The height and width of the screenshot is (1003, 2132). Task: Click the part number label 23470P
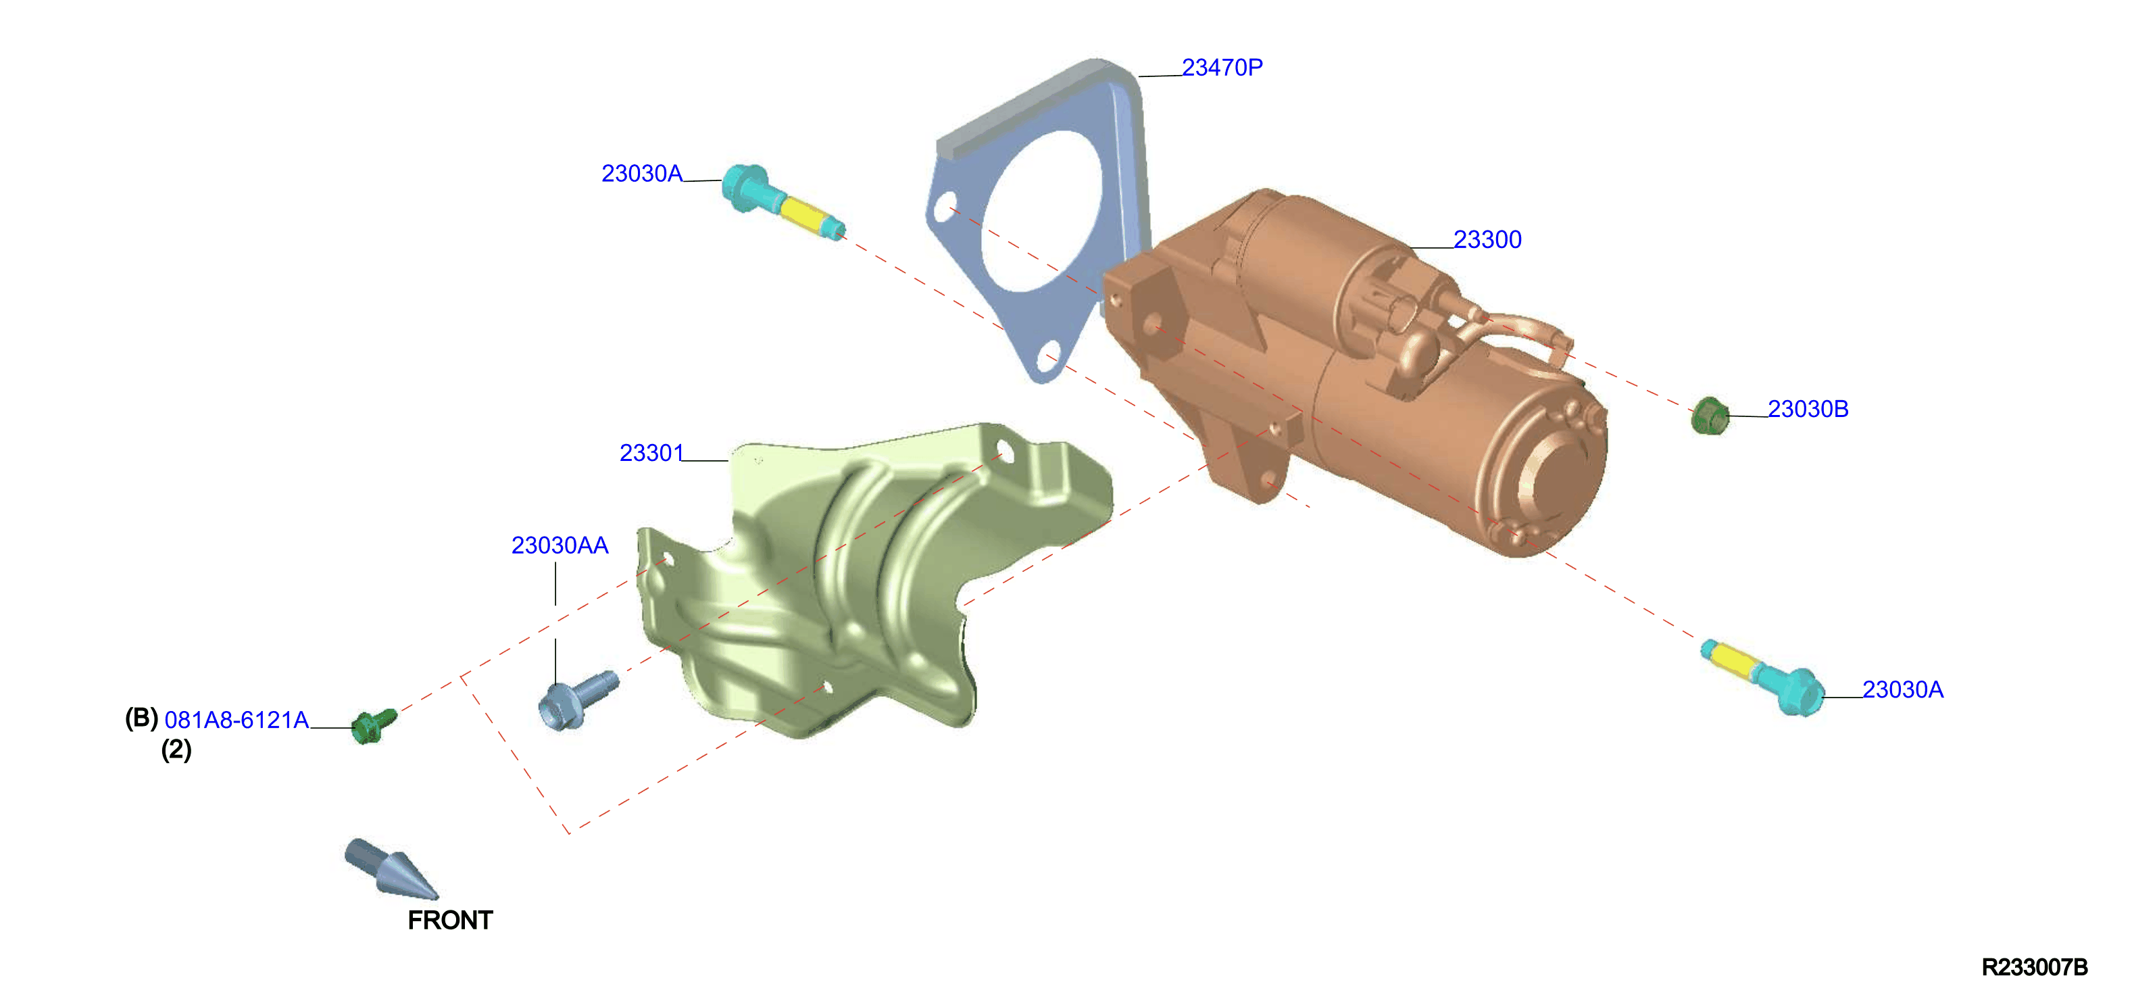coord(1222,68)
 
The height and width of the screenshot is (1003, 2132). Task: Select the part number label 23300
coord(1487,240)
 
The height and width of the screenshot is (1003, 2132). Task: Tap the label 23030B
coord(1808,409)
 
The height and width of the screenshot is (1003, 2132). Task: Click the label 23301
coord(651,454)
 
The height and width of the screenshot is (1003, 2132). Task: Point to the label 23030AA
coord(560,546)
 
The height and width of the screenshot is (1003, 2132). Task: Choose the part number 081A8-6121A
coord(237,720)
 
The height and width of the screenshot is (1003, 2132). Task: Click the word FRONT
coord(450,921)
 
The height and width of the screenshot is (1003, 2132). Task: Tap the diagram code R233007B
coord(2034,967)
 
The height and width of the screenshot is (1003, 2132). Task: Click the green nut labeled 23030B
coord(1709,416)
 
